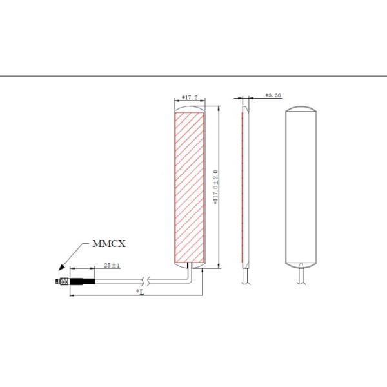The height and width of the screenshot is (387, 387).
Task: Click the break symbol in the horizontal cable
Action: point(150,281)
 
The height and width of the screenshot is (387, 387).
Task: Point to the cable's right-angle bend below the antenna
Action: point(188,278)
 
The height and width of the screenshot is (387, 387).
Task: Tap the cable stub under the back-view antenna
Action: point(301,276)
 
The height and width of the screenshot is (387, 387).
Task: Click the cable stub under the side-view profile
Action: point(243,276)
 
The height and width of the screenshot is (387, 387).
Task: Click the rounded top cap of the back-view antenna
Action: point(301,108)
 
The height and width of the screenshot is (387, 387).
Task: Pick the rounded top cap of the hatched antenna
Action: point(190,108)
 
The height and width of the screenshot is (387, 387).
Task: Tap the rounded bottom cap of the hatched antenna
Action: point(190,263)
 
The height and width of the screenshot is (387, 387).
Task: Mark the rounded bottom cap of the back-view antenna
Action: point(301,263)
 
